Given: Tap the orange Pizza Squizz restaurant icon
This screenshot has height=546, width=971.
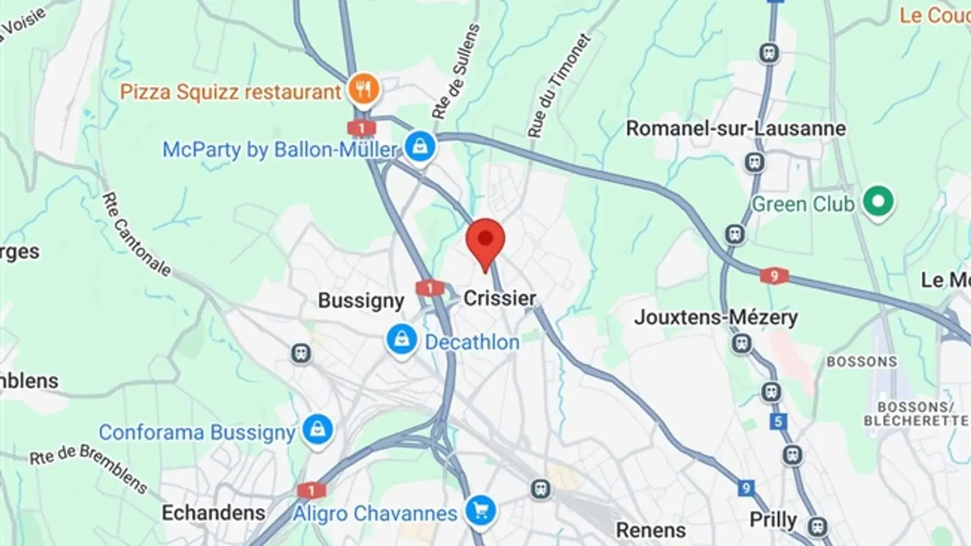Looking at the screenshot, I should click(x=363, y=89).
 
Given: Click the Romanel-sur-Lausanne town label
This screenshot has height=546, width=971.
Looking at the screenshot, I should click(x=736, y=128).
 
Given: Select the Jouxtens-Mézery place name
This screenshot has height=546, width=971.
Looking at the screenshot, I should click(x=715, y=317).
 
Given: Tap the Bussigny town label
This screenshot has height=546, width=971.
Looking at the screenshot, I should click(x=361, y=301).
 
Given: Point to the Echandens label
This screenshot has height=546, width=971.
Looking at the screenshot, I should click(x=214, y=513).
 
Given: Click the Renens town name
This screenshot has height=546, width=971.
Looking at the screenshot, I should click(x=651, y=530).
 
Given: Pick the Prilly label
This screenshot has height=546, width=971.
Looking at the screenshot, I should click(x=773, y=520).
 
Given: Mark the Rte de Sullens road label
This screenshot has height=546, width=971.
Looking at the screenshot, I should click(x=457, y=71).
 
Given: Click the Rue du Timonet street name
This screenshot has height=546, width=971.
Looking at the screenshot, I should click(x=559, y=86).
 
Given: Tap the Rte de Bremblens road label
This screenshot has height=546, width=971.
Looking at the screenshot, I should click(x=88, y=467).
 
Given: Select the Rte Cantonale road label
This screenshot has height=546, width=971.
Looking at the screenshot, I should click(x=136, y=233).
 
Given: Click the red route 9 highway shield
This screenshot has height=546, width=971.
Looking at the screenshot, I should click(x=774, y=276).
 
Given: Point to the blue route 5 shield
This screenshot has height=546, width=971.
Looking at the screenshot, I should click(x=779, y=422).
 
